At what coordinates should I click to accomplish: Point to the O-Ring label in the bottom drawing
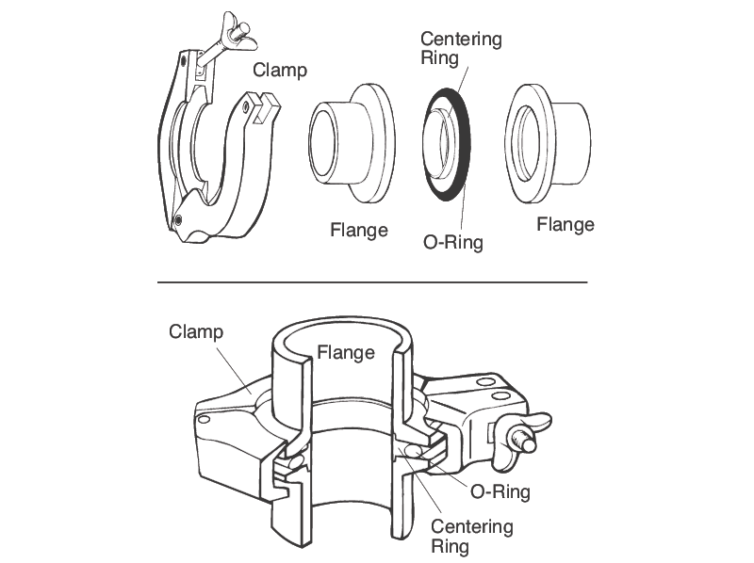click(x=500, y=491)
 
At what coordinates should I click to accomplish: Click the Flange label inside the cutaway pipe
click(x=345, y=353)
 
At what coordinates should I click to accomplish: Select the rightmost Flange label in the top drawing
click(x=565, y=224)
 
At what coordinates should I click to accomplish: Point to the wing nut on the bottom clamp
click(x=522, y=434)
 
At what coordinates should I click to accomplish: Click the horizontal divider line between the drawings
click(x=371, y=281)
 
